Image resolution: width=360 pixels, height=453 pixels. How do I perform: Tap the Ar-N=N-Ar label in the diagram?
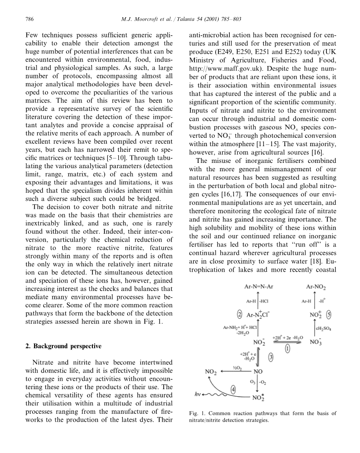click(259, 287)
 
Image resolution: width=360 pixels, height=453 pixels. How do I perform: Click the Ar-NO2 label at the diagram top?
click(316, 287)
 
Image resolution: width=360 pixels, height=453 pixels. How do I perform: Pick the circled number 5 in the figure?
click(329, 315)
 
